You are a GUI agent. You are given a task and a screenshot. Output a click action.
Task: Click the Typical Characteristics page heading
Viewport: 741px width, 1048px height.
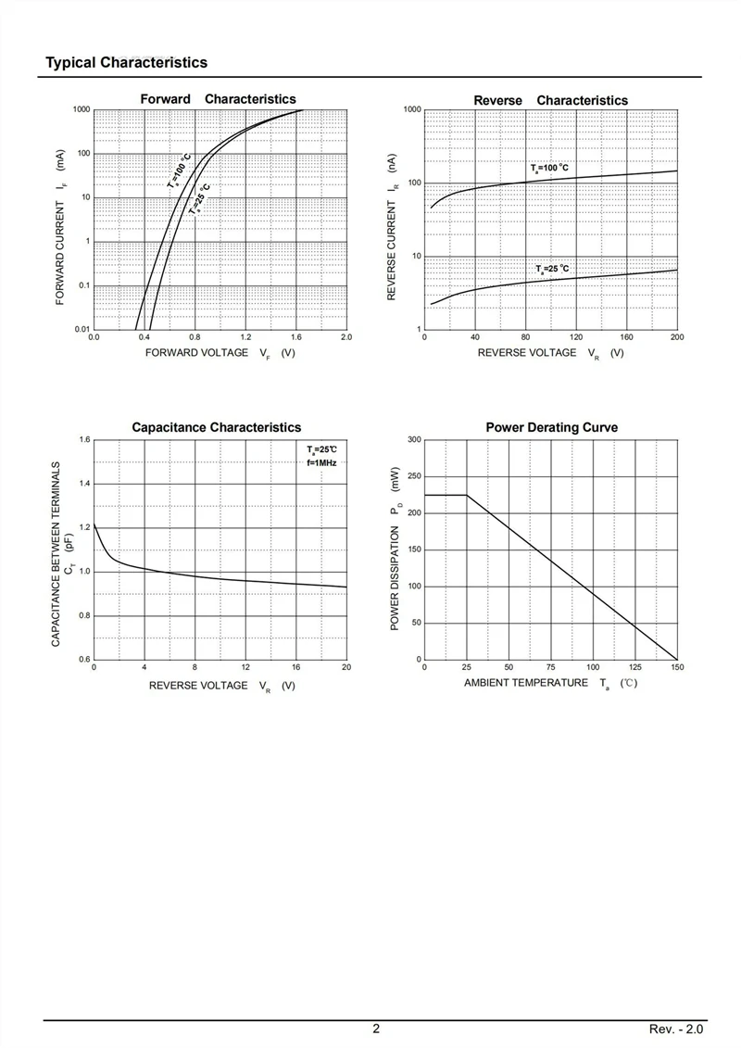tap(126, 63)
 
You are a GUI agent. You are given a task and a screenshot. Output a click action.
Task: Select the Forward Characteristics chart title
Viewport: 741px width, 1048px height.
tap(218, 99)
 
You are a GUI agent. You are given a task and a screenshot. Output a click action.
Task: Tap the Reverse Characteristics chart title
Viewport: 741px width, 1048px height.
tap(550, 100)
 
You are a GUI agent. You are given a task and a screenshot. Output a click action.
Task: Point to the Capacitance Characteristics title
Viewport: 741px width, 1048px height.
tap(217, 427)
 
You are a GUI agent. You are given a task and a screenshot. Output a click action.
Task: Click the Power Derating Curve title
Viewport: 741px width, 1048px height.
tap(552, 427)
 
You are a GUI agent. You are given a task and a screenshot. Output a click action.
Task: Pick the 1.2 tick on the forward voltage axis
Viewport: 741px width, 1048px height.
tap(245, 337)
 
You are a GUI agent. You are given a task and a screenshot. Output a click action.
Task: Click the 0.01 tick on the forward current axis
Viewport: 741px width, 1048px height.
tap(82, 330)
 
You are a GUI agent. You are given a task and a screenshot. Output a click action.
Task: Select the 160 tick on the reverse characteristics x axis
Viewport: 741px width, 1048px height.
tap(627, 337)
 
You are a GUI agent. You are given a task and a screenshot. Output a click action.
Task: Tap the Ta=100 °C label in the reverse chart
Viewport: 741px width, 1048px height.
tap(550, 168)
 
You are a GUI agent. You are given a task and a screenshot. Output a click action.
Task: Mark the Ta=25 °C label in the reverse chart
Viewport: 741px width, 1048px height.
tap(553, 270)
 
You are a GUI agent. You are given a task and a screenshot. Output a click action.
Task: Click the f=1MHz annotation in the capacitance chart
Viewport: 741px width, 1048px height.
tap(322, 462)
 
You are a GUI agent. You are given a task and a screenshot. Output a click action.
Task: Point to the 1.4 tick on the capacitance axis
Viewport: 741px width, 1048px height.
tap(85, 484)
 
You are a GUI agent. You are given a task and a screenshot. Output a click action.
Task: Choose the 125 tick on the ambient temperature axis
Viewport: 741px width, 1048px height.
tap(635, 667)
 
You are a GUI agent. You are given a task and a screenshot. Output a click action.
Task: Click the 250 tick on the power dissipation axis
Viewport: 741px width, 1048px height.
tap(415, 476)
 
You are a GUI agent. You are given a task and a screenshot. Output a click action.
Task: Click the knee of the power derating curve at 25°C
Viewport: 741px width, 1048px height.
tap(467, 495)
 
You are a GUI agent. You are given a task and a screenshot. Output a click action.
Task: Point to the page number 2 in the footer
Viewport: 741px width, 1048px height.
tap(376, 1029)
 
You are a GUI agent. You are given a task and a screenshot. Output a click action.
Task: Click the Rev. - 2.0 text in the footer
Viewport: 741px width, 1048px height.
tap(676, 1029)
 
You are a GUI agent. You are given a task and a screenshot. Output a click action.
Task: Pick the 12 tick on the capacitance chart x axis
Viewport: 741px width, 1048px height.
tap(245, 667)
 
